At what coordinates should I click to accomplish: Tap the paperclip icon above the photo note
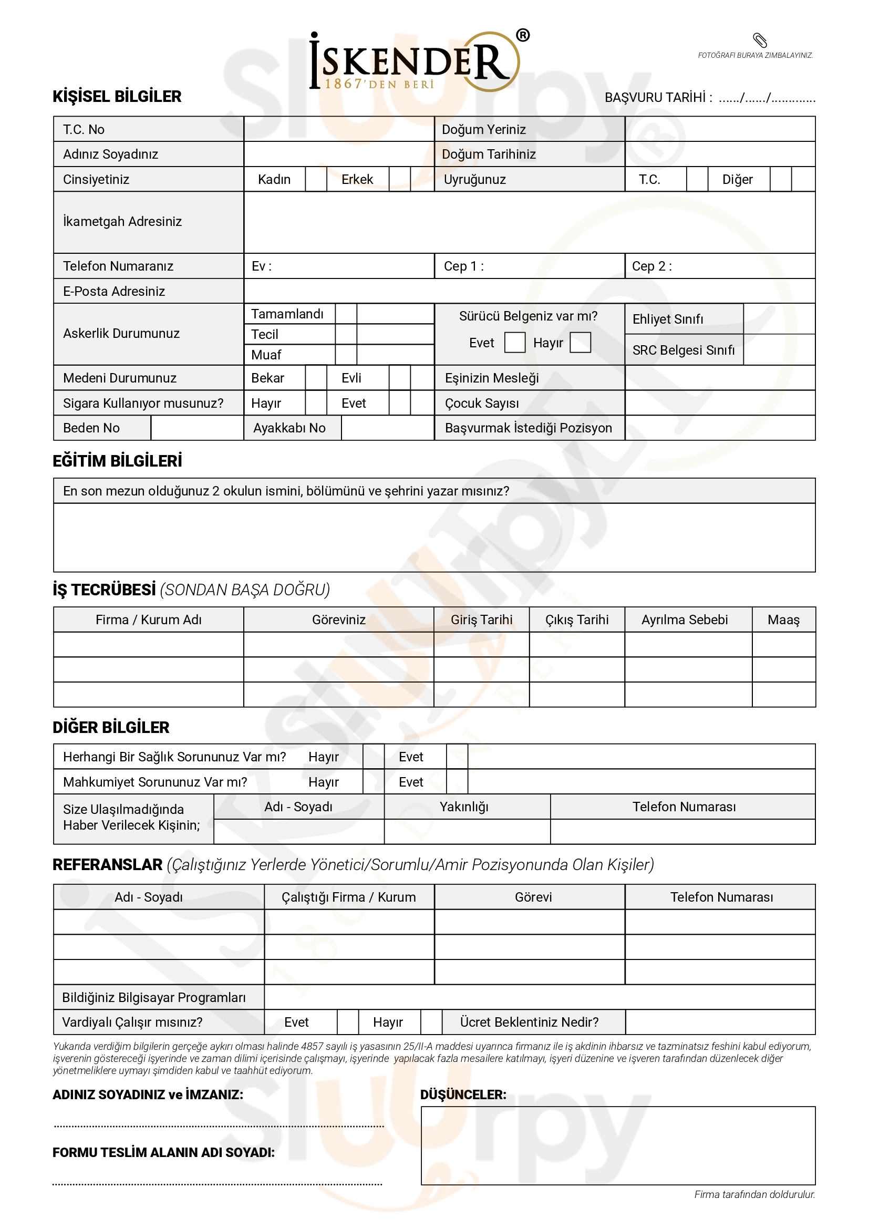tap(760, 40)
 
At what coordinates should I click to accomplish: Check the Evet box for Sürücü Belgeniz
tap(515, 343)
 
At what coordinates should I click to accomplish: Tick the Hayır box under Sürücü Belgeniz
tap(580, 343)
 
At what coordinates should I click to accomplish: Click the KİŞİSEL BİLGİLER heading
tap(117, 96)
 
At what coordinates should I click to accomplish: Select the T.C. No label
tap(84, 130)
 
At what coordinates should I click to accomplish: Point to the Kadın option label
tap(274, 179)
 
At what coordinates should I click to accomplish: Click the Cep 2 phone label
tap(651, 266)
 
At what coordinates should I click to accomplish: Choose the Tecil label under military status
tap(264, 335)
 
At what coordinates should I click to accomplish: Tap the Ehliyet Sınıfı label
tap(667, 319)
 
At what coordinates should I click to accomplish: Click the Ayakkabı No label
tap(289, 428)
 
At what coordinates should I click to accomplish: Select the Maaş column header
tap(783, 620)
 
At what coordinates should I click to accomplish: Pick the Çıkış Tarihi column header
tap(577, 620)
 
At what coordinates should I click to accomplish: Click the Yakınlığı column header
tap(464, 807)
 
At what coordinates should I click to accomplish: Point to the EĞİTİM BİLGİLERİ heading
tap(117, 461)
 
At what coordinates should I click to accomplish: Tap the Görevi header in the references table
tap(533, 897)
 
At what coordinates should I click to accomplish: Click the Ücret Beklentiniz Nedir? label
tap(529, 1023)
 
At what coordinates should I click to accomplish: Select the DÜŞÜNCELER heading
tap(463, 1094)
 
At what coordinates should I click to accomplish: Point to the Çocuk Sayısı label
tap(482, 403)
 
